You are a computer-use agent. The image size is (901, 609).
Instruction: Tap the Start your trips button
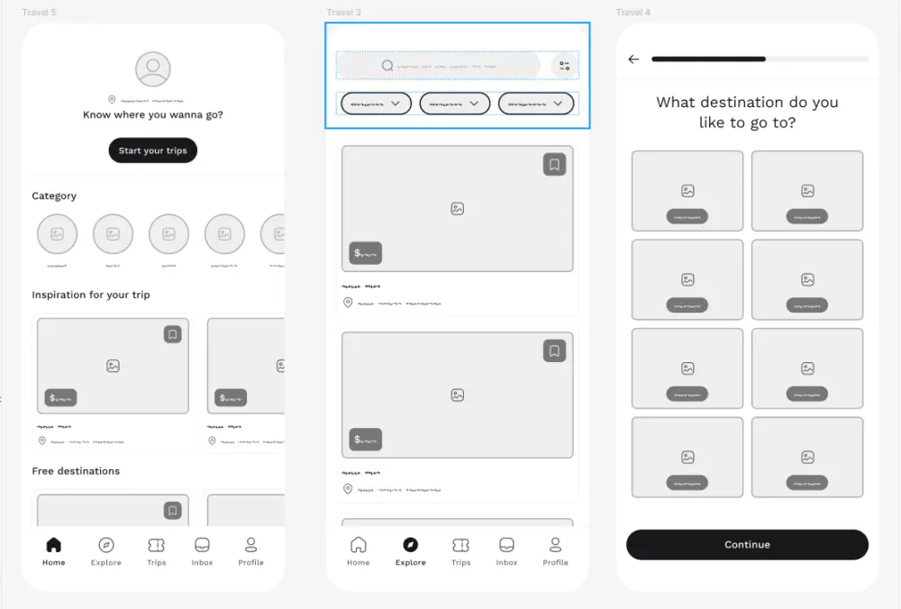(x=152, y=150)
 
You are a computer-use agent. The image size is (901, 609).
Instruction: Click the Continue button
(x=747, y=544)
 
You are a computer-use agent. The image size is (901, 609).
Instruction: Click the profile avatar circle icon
(x=153, y=69)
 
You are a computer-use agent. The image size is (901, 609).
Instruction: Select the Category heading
(x=54, y=195)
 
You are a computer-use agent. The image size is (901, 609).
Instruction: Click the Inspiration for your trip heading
(x=91, y=295)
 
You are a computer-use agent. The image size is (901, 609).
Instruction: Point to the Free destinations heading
(x=76, y=470)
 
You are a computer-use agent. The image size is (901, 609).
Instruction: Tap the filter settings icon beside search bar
(x=564, y=66)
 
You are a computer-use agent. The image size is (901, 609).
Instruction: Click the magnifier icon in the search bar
(x=387, y=66)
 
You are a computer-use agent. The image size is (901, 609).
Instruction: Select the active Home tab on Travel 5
(x=54, y=550)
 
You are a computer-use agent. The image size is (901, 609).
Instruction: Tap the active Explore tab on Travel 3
(x=410, y=550)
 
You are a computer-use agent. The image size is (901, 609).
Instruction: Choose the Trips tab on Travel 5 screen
(x=157, y=550)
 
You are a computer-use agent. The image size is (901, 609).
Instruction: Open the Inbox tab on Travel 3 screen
(x=506, y=550)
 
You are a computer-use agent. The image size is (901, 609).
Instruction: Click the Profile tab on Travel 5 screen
(x=250, y=550)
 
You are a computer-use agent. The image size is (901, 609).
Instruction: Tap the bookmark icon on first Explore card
(x=554, y=165)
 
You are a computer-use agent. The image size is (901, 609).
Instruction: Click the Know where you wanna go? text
(x=153, y=114)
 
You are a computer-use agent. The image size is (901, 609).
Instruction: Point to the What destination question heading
(x=747, y=112)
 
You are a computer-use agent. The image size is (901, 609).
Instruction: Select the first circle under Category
(x=57, y=234)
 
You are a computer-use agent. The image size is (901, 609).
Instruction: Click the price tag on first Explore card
(x=365, y=253)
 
